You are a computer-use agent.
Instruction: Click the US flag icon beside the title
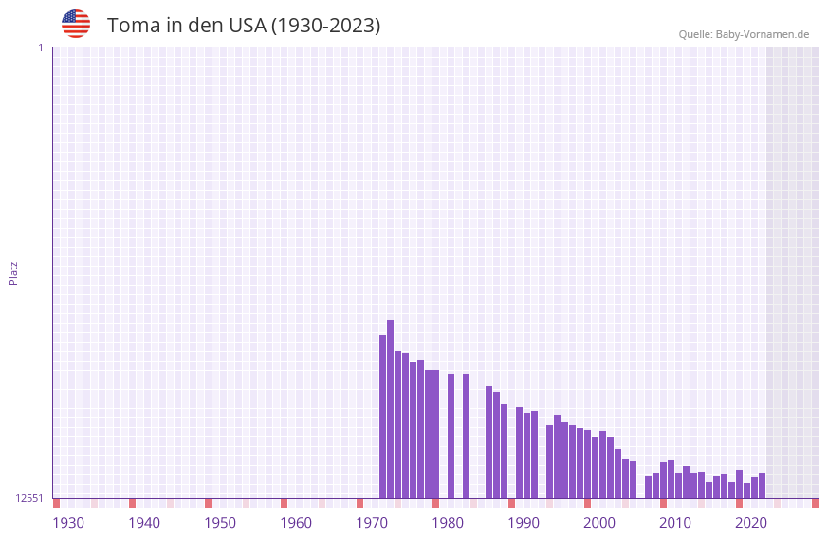(x=76, y=24)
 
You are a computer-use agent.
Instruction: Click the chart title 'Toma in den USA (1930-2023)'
(x=244, y=26)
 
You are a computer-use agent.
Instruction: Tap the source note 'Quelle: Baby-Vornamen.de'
(x=744, y=34)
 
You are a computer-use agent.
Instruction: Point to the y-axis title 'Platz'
(x=13, y=272)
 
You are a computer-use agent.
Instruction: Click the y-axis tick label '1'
(x=40, y=47)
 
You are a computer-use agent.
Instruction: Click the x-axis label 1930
(x=68, y=523)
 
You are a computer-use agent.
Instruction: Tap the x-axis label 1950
(x=220, y=523)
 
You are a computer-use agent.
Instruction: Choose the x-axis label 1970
(x=372, y=523)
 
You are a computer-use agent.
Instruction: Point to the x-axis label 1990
(x=524, y=523)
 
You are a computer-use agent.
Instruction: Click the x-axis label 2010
(x=675, y=523)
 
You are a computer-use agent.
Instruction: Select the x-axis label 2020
(x=751, y=523)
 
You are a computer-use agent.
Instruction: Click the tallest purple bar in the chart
(x=390, y=409)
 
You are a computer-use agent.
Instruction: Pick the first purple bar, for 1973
(x=382, y=417)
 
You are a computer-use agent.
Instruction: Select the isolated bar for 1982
(x=451, y=436)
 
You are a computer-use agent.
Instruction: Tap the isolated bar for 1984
(x=466, y=436)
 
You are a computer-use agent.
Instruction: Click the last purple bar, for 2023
(x=762, y=486)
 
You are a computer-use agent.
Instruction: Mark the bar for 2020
(x=739, y=484)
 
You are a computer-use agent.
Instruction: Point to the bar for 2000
(x=587, y=465)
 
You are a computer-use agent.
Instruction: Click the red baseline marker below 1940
(x=132, y=503)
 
